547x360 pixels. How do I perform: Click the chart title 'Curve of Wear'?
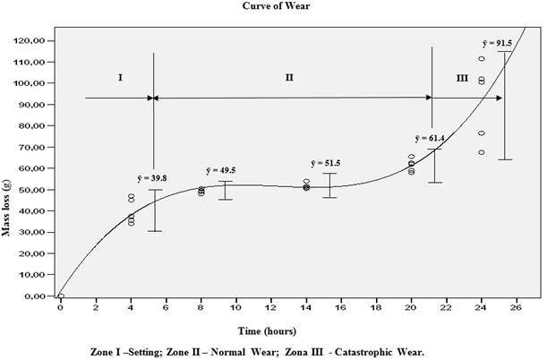pos(273,5)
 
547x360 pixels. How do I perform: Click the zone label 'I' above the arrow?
pos(120,78)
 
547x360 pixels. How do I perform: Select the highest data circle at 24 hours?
pos(482,59)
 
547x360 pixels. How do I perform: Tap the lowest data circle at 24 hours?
pos(482,152)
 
